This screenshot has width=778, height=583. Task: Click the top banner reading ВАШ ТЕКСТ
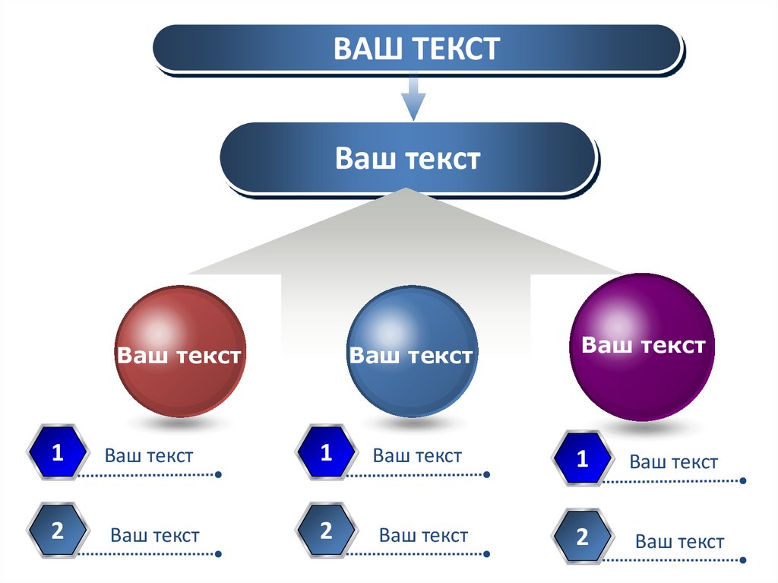[416, 49]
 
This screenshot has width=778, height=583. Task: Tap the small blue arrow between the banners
[413, 97]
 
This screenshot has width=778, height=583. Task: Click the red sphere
[181, 352]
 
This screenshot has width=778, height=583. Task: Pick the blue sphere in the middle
[412, 352]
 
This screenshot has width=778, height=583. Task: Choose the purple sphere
[643, 347]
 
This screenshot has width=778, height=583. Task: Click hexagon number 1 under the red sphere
[57, 454]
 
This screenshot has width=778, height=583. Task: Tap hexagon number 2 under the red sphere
[57, 531]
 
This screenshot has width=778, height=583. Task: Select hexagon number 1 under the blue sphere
[326, 454]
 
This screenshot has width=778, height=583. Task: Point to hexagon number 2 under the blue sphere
[326, 531]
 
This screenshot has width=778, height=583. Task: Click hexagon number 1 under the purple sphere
[583, 459]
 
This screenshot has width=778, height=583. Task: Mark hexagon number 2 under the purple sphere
[583, 537]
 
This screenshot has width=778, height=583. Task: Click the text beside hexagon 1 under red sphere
[149, 456]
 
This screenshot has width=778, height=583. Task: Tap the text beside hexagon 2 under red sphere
[155, 535]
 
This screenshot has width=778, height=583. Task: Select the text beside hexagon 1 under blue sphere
[417, 456]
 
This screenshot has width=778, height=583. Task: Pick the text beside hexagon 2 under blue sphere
[424, 535]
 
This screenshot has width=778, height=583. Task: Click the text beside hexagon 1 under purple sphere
[674, 462]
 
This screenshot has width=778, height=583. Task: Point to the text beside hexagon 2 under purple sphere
[680, 542]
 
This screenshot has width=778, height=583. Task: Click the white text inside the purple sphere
[643, 346]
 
